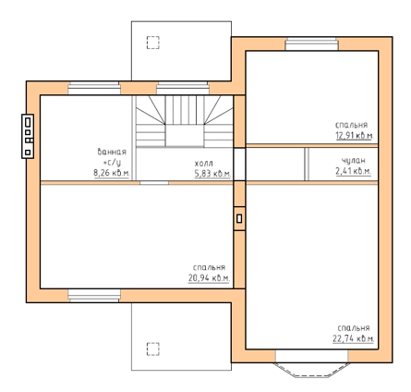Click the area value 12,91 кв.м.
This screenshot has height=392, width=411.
[x=355, y=135]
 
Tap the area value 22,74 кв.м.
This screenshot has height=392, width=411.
[x=354, y=338]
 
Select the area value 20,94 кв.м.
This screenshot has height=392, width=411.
[x=209, y=278]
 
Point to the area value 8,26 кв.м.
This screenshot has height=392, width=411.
[x=112, y=173]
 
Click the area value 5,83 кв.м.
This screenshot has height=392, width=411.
[x=212, y=174]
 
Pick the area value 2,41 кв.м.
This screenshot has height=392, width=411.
[x=354, y=171]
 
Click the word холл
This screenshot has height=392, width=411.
[x=203, y=163]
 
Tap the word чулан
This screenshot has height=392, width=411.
[x=354, y=160]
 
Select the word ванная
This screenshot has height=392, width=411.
[x=112, y=152]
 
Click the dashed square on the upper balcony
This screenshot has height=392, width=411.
[x=153, y=43]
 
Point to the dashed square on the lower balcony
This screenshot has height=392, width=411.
[x=153, y=349]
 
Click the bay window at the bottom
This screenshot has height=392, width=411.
[x=311, y=369]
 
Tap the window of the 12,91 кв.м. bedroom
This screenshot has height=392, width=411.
[x=311, y=44]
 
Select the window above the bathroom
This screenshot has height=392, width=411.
[x=94, y=88]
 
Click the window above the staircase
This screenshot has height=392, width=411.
[x=183, y=88]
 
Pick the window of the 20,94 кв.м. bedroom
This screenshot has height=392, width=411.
[x=94, y=296]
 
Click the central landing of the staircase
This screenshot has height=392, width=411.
[x=185, y=136]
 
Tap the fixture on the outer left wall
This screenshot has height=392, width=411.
[x=28, y=136]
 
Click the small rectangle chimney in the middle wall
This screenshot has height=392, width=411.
[x=239, y=218]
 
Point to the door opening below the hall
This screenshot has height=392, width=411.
[x=154, y=183]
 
